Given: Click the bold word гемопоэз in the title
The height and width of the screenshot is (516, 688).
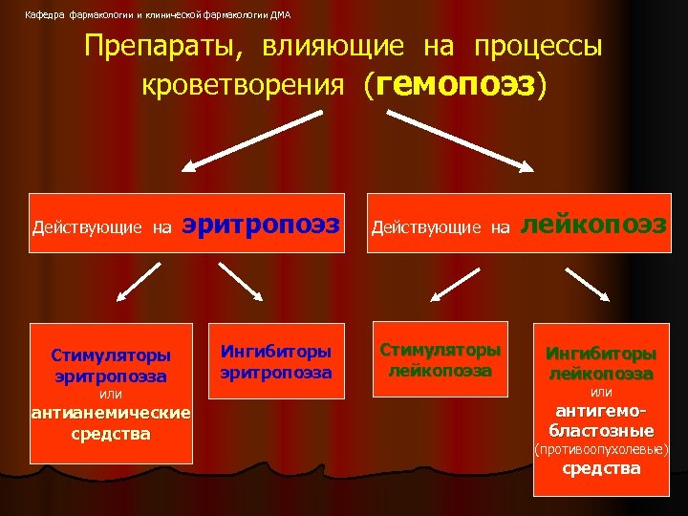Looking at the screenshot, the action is pos(456,85).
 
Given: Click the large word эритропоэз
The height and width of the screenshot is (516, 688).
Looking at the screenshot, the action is pos(261,225).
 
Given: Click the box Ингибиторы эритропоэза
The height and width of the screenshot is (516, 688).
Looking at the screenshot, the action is pos(276,361).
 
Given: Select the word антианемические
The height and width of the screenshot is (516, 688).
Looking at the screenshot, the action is pos(111,414).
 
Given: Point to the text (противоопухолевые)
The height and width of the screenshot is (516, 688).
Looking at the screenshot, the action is pos(601,448).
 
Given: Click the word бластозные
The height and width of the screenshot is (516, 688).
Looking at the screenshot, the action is pos(601,430).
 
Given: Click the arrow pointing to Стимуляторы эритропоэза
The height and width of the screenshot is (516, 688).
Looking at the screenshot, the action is pos(137,283).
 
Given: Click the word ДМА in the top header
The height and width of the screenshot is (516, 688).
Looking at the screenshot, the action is pos(281,15).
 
